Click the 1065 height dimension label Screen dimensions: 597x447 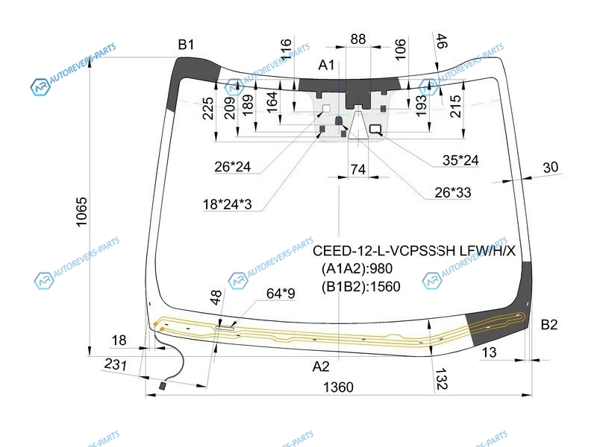[x=81, y=212]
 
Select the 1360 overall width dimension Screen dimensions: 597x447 [x=338, y=387]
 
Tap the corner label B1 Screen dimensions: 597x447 [x=186, y=45]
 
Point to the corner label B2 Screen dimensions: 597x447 [x=549, y=325]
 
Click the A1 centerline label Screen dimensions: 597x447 [x=326, y=66]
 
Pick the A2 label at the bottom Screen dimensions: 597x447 [x=321, y=367]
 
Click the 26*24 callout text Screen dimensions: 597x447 [x=232, y=166]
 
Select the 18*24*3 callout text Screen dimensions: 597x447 [x=228, y=204]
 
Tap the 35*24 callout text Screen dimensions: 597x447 [x=460, y=160]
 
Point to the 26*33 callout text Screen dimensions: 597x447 [x=453, y=193]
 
